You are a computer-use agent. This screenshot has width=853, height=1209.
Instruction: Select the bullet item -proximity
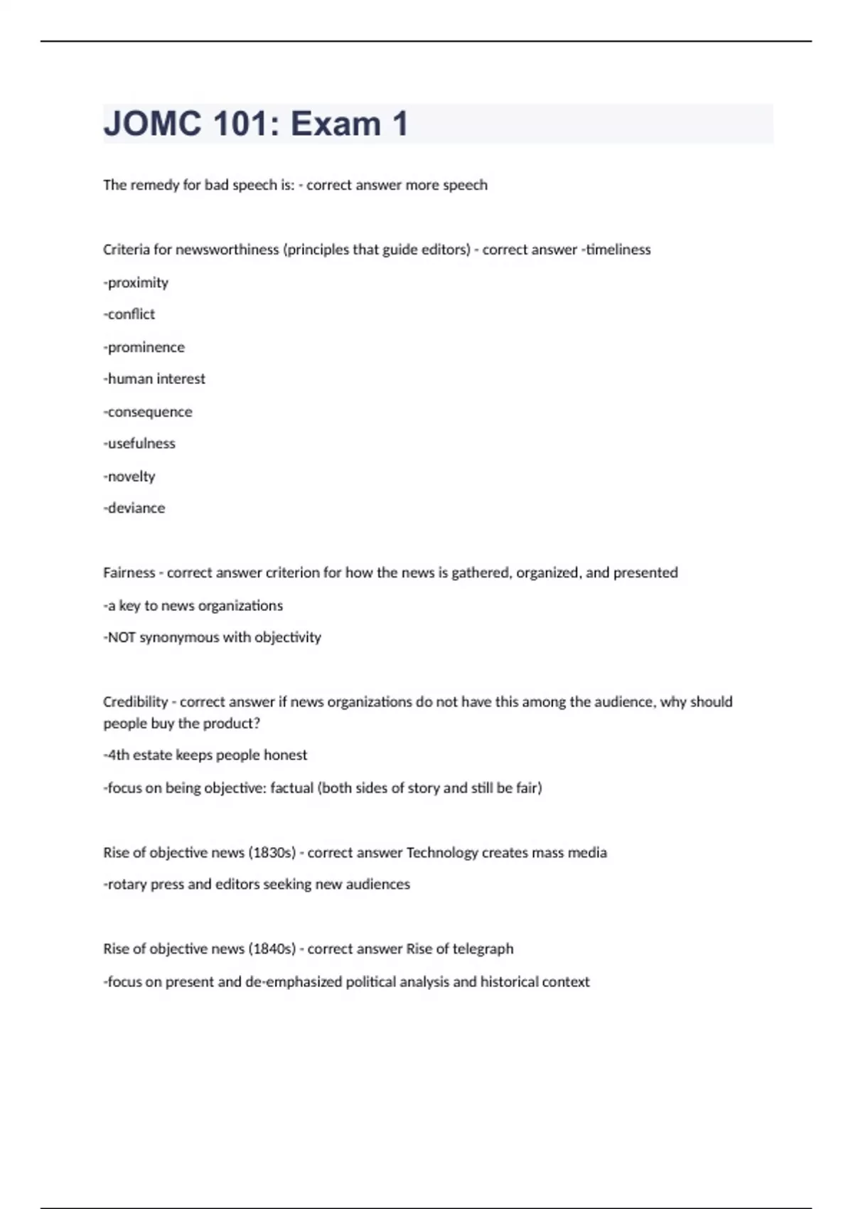tap(136, 282)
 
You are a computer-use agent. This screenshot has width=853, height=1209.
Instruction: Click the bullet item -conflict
tap(129, 314)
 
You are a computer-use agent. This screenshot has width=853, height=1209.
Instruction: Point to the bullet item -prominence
tap(144, 347)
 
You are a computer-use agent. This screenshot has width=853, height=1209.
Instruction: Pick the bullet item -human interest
tap(154, 378)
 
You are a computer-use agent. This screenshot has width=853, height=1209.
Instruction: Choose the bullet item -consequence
tap(148, 412)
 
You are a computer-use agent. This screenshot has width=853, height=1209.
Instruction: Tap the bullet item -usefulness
tap(139, 443)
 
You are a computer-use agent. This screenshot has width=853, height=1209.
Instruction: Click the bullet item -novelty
tap(129, 476)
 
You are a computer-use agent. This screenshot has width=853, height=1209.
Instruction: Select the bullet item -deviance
tap(134, 508)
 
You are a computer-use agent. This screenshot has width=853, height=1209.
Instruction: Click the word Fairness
tap(129, 572)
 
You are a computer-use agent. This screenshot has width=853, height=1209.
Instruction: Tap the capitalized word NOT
tap(122, 637)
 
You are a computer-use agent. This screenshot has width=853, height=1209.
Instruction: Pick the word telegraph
tap(483, 949)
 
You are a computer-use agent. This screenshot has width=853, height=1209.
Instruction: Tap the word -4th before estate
tap(117, 755)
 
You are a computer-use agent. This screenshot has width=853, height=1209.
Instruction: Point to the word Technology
tap(441, 852)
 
